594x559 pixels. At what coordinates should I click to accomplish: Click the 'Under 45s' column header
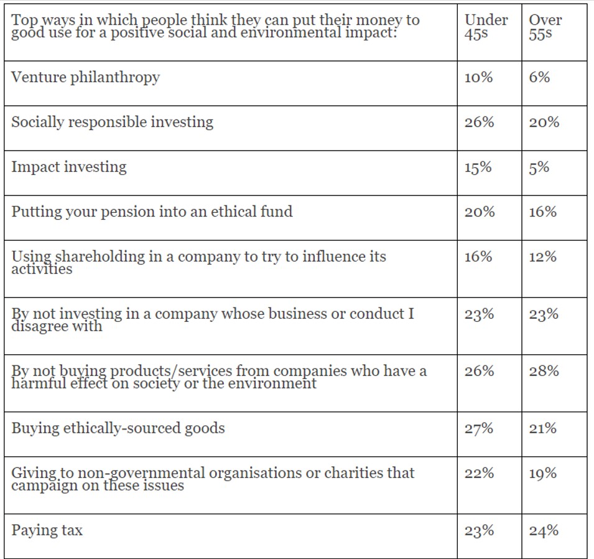click(x=486, y=27)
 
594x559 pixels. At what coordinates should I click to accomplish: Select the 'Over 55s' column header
click(x=545, y=27)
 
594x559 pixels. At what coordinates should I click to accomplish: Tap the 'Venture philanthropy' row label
click(x=85, y=78)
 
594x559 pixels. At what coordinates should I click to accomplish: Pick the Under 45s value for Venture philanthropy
click(x=478, y=78)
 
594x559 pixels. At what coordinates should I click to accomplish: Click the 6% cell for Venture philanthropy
click(x=539, y=78)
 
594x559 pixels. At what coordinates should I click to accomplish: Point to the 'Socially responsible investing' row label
click(x=112, y=122)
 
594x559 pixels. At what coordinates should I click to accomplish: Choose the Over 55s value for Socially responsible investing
click(x=544, y=123)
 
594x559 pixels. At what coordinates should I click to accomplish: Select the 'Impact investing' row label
click(x=68, y=167)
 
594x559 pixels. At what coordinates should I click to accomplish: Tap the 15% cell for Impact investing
click(x=478, y=167)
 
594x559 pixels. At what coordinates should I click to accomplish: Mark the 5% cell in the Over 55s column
click(x=539, y=167)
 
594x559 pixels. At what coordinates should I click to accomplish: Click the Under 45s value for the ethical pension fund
click(x=479, y=212)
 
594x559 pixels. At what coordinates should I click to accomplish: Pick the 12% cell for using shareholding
click(x=542, y=257)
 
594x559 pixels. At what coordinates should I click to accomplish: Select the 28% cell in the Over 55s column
click(x=544, y=372)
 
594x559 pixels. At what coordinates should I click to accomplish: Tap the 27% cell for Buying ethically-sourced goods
click(x=478, y=429)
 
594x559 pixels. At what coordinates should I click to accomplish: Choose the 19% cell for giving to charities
click(x=542, y=474)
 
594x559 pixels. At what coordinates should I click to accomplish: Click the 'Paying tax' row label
click(x=47, y=531)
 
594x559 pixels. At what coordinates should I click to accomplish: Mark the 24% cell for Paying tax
click(x=544, y=531)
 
